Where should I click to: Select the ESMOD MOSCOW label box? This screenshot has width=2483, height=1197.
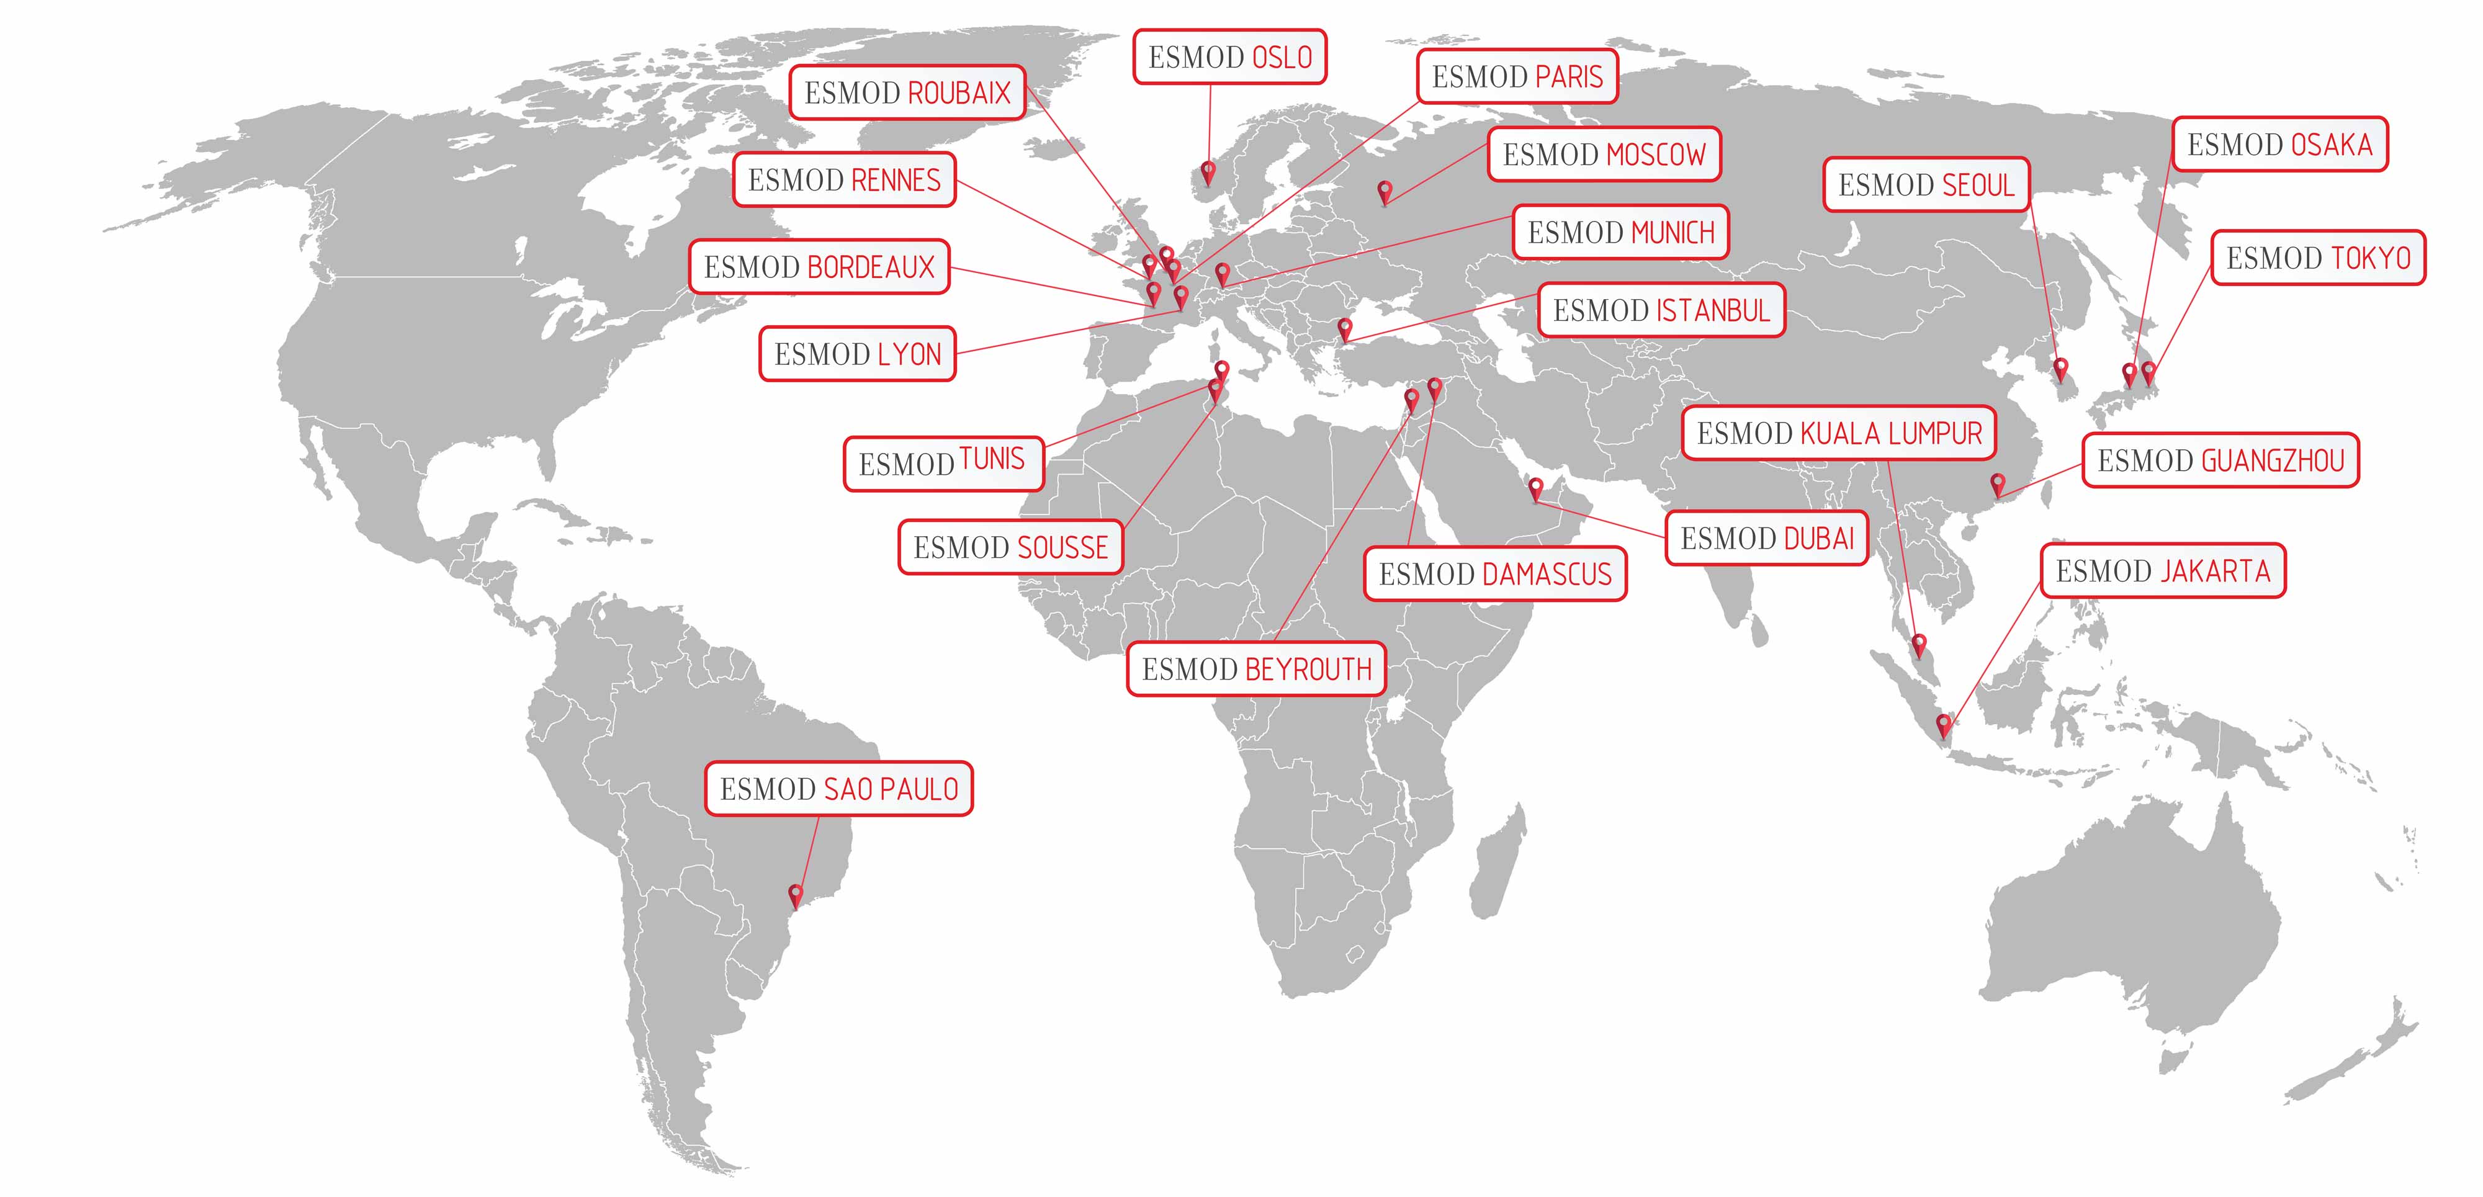pos(1604,155)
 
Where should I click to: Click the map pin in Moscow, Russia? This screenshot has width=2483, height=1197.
pos(1385,191)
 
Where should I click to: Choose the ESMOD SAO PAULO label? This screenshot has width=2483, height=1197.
pos(838,789)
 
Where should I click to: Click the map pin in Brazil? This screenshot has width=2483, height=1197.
pos(795,894)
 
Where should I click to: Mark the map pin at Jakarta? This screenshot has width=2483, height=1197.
pos(1944,724)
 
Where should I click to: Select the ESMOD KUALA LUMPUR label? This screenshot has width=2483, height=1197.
pos(1839,434)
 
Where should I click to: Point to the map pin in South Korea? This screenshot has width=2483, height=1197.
pos(2061,368)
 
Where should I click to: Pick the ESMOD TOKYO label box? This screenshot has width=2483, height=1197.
pos(2317,258)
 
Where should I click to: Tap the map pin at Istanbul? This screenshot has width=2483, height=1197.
pos(1345,329)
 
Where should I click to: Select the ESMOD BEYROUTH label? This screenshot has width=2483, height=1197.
pos(1256,670)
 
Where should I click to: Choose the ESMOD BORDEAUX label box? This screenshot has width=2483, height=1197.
pos(819,267)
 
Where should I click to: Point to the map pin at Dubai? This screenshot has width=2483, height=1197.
pos(1537,488)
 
